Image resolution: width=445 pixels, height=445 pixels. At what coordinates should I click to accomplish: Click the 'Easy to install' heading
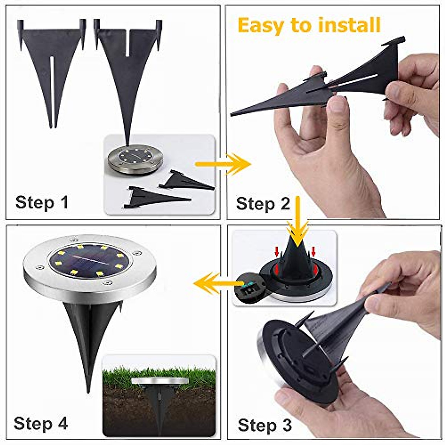[x=309, y=25]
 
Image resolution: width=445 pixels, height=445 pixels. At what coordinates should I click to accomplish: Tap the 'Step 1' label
[x=42, y=203]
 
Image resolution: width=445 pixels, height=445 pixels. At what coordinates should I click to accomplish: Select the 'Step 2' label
[x=263, y=204]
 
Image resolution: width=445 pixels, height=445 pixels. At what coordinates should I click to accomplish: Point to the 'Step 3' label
[x=264, y=425]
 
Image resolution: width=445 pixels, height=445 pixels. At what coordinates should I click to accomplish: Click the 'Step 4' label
[x=41, y=423]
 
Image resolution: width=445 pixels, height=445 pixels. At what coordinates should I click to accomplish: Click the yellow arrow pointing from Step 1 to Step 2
[x=222, y=164]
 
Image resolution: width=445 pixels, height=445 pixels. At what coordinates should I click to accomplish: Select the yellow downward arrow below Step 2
[x=298, y=219]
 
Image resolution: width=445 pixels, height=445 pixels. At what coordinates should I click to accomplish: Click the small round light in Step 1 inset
[x=136, y=160]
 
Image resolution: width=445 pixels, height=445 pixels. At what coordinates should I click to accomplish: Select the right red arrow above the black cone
[x=313, y=252]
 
